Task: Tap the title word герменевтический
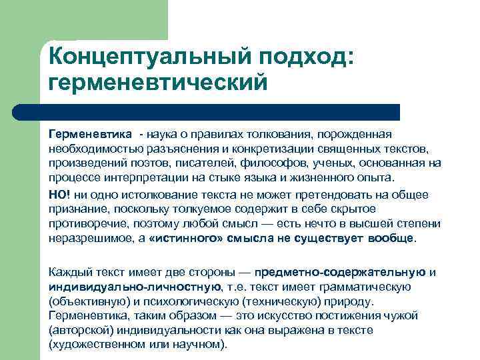158,82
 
